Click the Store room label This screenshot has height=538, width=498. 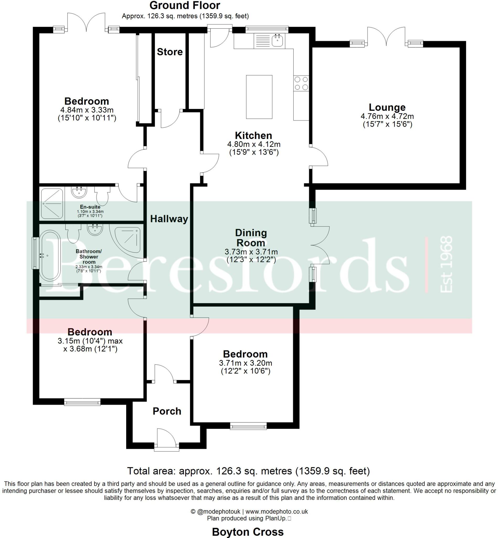coord(169,52)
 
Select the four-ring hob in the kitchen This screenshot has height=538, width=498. coord(301,83)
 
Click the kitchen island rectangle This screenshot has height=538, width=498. coord(259,97)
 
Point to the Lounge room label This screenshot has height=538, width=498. coord(387,107)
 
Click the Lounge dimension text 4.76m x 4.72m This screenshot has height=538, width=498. coord(387,116)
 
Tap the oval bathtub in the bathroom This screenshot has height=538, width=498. coord(50,256)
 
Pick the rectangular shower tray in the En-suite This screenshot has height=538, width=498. coord(52,203)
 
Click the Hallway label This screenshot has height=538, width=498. coord(169,219)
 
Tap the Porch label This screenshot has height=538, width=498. coord(167,411)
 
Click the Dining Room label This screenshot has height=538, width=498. coord(251,238)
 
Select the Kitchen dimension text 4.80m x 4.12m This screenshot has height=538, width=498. coord(253,144)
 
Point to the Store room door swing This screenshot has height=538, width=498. coord(170,119)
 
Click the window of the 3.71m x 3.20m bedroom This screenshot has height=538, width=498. coord(248,427)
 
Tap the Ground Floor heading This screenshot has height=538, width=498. coord(185,6)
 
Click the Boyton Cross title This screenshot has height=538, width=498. coord(248,532)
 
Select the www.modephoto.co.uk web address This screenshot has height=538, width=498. coord(277,511)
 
